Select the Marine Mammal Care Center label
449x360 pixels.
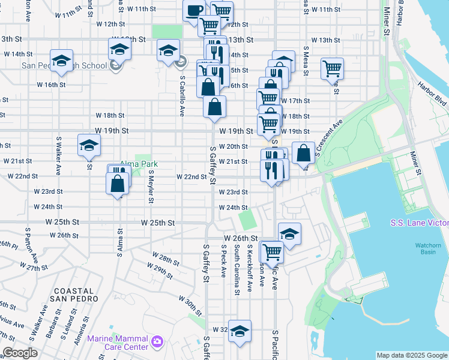tap(118, 342)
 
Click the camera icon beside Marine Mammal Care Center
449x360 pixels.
tap(157, 342)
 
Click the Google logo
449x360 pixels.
tap(20, 353)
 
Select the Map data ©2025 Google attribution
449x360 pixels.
tap(412, 355)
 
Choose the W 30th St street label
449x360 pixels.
tap(190, 305)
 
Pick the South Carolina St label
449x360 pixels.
tap(237, 269)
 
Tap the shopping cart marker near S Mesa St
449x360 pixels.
tap(332, 69)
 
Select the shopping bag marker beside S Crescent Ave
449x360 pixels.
tap(304, 152)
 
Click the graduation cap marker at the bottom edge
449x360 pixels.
tap(240, 331)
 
